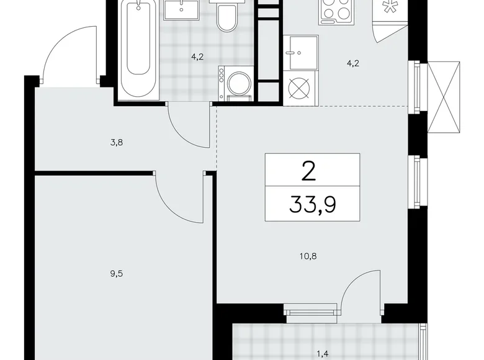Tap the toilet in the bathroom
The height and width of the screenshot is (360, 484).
[x=225, y=17]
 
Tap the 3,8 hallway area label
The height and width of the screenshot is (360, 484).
[x=116, y=142]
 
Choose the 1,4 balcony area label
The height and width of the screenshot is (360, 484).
[x=323, y=354]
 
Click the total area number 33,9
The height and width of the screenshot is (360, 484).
[x=312, y=203]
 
